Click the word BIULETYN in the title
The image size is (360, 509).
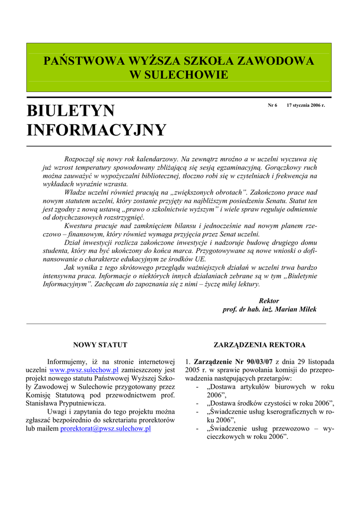[x=71, y=110]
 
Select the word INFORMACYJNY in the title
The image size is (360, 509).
[x=96, y=130]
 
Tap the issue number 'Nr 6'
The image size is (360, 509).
[x=272, y=105]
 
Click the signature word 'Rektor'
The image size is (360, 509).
[x=269, y=301]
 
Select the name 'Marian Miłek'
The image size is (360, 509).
[x=296, y=309]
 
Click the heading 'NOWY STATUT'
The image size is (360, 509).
[x=100, y=344]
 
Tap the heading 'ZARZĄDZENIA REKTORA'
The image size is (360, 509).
[x=260, y=344]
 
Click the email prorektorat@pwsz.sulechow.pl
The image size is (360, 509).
[x=105, y=428]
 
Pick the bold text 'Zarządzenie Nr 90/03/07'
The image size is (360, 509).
[x=233, y=361]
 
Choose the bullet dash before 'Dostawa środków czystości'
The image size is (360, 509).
[x=199, y=403]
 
